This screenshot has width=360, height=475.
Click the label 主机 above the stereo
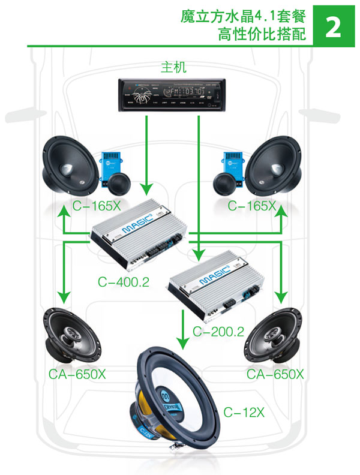click(173, 67)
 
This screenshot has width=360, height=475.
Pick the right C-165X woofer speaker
click(275, 163)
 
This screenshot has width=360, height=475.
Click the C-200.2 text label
click(218, 330)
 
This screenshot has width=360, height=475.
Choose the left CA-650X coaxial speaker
click(71, 335)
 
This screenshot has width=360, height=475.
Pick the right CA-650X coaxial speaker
click(276, 335)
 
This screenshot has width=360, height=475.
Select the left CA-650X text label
click(77, 375)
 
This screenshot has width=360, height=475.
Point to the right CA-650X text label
click(275, 375)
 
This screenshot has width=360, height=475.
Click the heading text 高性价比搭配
click(263, 34)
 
